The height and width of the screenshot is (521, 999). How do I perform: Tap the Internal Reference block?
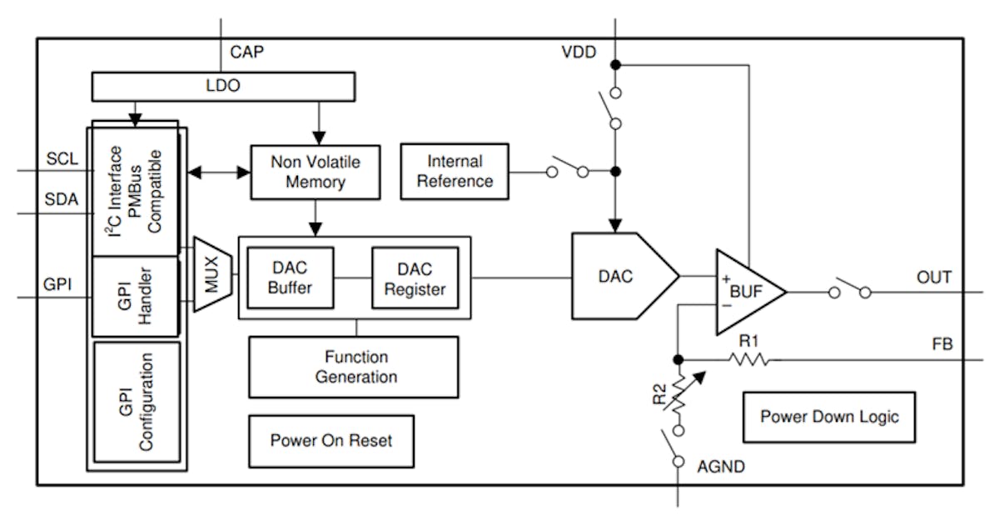(455, 171)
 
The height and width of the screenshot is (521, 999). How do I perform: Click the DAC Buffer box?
(291, 277)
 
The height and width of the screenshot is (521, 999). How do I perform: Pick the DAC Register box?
(415, 277)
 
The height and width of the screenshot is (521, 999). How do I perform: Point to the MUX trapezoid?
(211, 274)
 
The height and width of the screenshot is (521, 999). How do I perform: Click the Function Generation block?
(353, 367)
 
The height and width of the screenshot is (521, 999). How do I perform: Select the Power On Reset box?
(331, 440)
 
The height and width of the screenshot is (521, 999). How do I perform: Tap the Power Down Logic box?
(828, 417)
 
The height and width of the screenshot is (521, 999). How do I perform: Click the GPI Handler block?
(135, 296)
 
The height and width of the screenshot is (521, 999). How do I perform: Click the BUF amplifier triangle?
(746, 292)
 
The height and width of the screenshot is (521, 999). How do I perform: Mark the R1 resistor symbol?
(749, 359)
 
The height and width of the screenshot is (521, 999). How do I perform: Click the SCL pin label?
(62, 159)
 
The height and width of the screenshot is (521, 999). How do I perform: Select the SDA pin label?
(62, 200)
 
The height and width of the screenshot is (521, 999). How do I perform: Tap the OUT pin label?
(933, 277)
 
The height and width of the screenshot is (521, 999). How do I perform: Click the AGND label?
(720, 467)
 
